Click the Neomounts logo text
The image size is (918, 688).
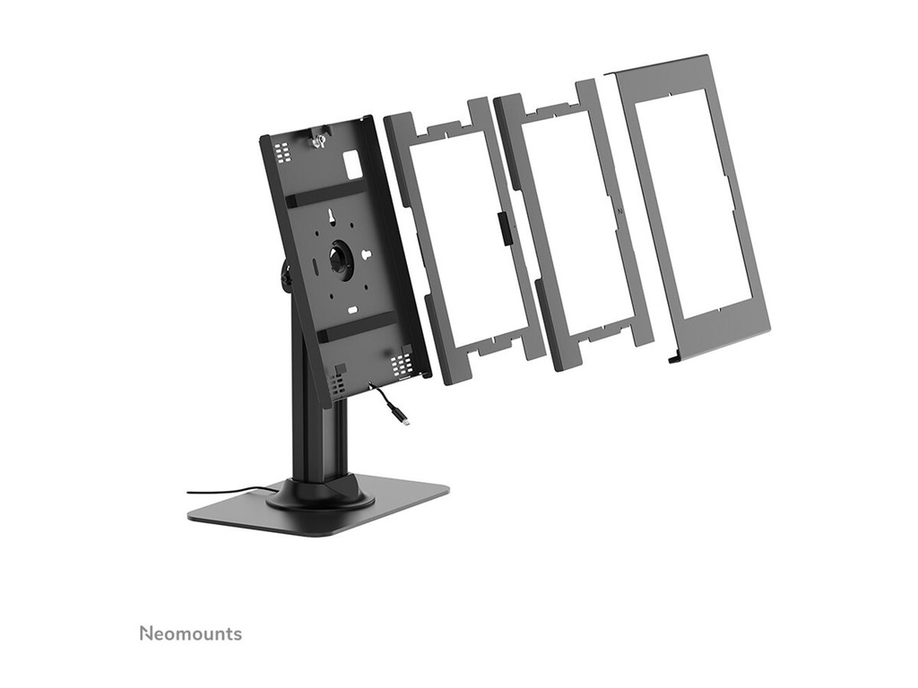[191, 633]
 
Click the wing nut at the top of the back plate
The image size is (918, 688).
[319, 142]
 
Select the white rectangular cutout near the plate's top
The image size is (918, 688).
[351, 163]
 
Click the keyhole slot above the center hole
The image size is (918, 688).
[332, 217]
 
